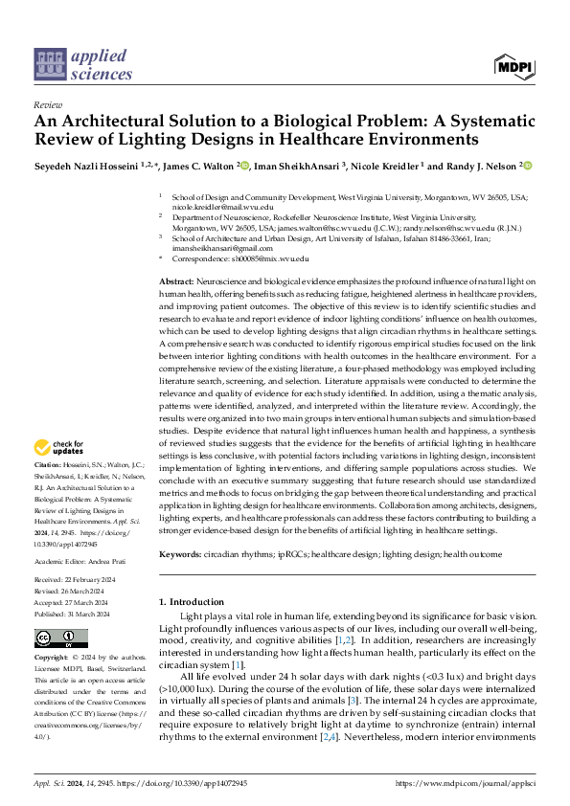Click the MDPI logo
(x=515, y=66)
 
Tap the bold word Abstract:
(x=179, y=279)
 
